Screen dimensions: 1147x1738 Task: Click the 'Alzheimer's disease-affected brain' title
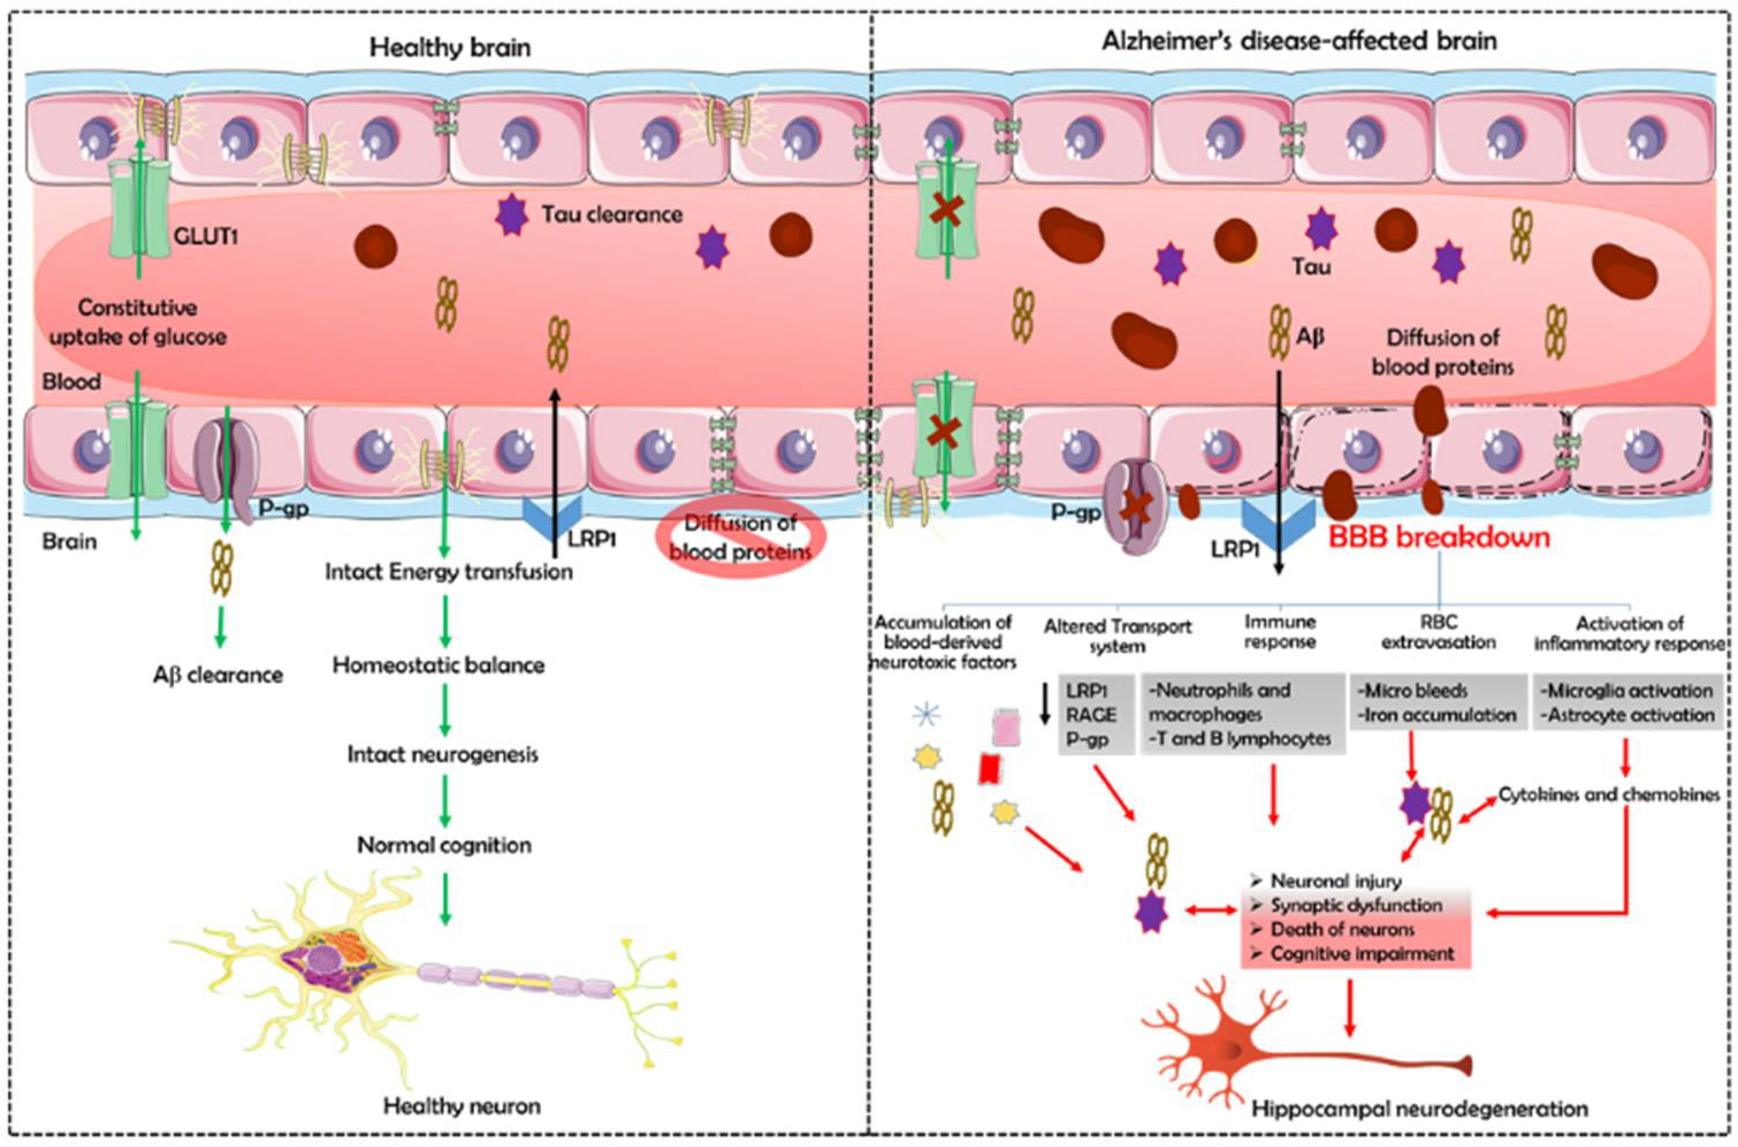click(1299, 40)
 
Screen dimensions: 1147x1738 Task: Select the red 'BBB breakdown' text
click(1439, 536)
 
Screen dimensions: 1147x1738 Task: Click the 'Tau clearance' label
click(612, 215)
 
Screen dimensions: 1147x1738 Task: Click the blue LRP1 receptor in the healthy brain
click(552, 517)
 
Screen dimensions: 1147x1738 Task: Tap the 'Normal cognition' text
click(444, 845)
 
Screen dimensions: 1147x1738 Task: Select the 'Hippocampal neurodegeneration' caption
click(1419, 1108)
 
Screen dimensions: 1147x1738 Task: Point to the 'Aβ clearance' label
click(218, 674)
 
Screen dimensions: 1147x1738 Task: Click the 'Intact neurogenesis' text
click(443, 754)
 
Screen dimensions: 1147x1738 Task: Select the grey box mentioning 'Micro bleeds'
click(1436, 702)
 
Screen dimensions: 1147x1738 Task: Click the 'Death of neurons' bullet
click(1341, 930)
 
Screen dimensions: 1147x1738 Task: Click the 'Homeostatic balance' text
click(439, 666)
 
